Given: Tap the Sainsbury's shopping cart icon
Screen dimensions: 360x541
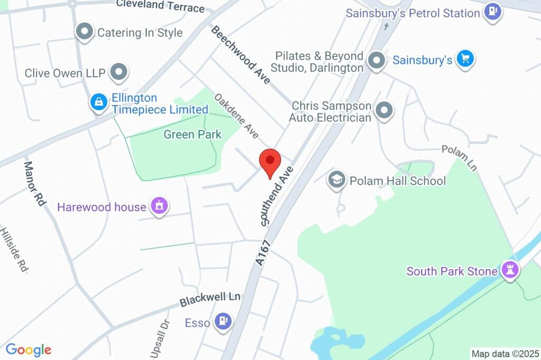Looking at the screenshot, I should coord(465,59).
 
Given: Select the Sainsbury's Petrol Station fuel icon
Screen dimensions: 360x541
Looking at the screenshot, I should coord(493,11).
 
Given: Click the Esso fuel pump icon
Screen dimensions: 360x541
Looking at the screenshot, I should coord(223,320).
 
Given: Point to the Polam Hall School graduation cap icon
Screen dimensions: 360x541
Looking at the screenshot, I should coord(337,180).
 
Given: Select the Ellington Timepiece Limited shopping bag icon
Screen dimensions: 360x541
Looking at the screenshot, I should coord(99,102).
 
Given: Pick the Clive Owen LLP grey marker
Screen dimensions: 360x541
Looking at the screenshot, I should coord(119,72).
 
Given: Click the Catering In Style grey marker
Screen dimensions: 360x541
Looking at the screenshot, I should coord(84,32).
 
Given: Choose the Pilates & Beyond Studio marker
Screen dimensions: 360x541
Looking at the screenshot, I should coord(377,61).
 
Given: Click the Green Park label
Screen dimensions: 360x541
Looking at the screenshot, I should coord(192,135).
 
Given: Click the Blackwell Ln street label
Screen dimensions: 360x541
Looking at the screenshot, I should coord(210,299).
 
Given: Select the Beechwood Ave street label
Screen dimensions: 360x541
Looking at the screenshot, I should coord(241,54).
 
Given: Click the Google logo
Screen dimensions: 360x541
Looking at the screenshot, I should coord(28,349).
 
